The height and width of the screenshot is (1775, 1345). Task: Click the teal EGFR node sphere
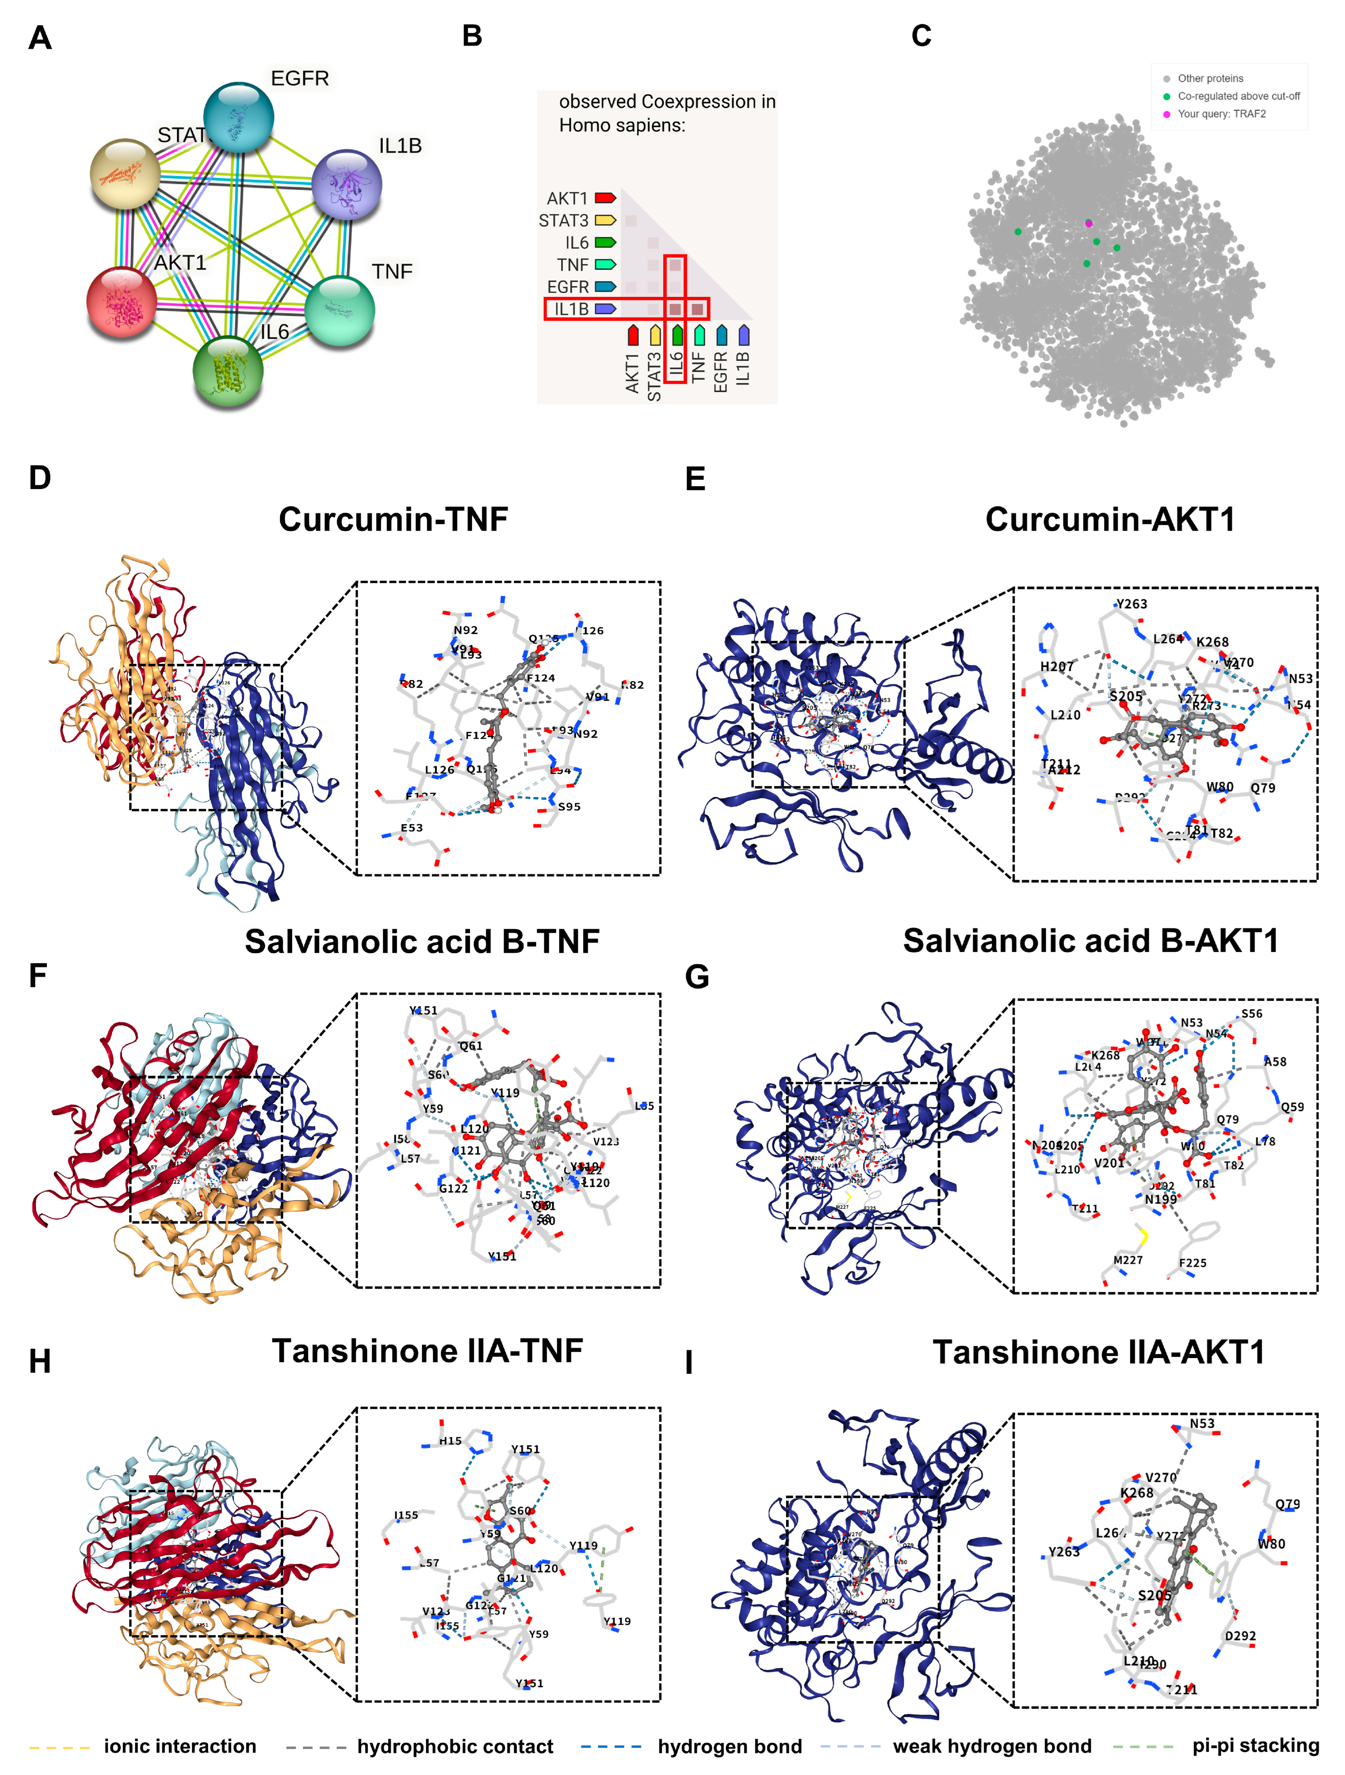238,116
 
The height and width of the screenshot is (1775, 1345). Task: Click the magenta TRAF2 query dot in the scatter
1088,223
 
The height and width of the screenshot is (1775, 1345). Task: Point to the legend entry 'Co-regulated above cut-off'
1238,96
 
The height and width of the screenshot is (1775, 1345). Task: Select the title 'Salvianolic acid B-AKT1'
1090,941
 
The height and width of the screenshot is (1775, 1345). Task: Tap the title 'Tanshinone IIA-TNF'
427,1351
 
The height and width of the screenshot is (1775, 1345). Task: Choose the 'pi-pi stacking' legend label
1255,1746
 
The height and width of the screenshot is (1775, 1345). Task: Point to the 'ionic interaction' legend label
180,1747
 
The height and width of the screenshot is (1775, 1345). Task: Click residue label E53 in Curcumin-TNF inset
412,827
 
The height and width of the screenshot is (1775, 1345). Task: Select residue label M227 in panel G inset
1128,1260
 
